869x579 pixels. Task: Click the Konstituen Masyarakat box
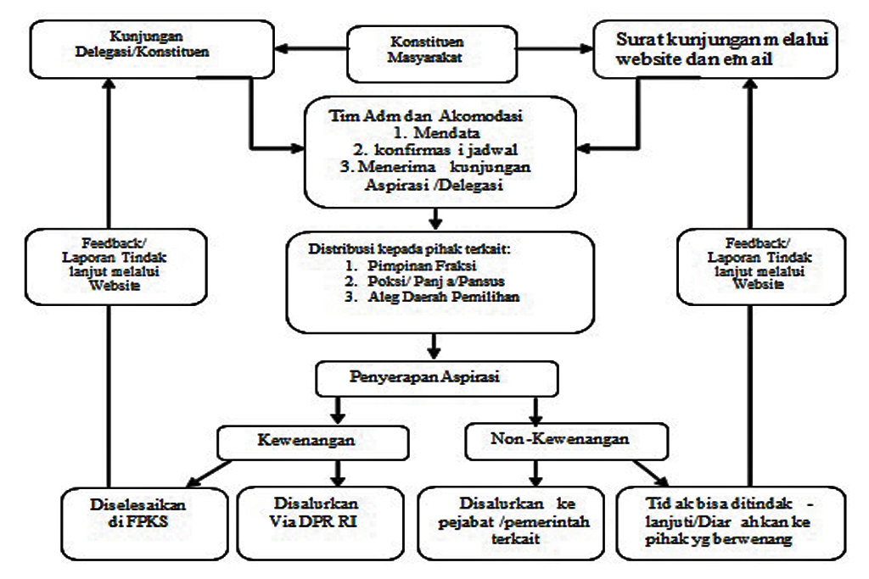[x=432, y=53]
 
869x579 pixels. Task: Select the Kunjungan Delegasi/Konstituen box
[x=152, y=49]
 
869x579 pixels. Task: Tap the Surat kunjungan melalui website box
[x=715, y=49]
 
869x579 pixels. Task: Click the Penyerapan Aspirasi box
[x=437, y=379]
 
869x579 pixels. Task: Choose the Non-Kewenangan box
[x=566, y=442]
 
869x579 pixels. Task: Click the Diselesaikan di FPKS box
[x=144, y=523]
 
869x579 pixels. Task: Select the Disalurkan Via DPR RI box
[x=320, y=523]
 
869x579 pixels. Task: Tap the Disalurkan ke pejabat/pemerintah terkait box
[x=510, y=523]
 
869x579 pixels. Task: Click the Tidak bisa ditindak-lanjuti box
[x=731, y=523]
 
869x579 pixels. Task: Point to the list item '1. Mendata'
[x=437, y=133]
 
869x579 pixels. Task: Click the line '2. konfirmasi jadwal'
[x=435, y=149]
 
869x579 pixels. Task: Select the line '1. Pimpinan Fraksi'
[x=410, y=265]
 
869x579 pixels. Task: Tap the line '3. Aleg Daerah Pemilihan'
[x=432, y=297]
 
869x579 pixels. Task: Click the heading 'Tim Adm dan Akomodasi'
[x=426, y=115]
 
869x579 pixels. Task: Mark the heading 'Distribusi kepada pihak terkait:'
[x=409, y=249]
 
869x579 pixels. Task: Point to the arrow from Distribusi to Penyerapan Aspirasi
[x=434, y=346]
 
